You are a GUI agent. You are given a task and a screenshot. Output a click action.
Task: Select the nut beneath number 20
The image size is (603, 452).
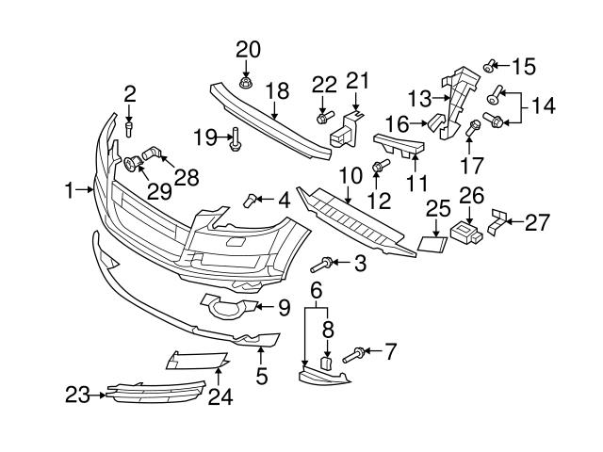(245, 83)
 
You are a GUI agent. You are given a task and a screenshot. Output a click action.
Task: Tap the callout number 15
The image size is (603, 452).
(523, 66)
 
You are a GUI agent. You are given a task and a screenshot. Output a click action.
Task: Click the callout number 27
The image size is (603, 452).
(537, 222)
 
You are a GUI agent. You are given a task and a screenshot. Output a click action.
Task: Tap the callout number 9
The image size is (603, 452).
(283, 306)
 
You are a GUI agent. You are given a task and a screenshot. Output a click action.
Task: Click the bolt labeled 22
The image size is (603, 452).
(323, 118)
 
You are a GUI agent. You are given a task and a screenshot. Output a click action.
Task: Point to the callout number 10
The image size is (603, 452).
(350, 175)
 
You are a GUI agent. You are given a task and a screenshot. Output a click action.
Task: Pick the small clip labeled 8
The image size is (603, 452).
(326, 362)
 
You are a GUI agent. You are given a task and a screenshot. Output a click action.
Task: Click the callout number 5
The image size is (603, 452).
(261, 376)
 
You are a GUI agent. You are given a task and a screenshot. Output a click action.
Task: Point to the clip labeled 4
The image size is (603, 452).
(253, 198)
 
